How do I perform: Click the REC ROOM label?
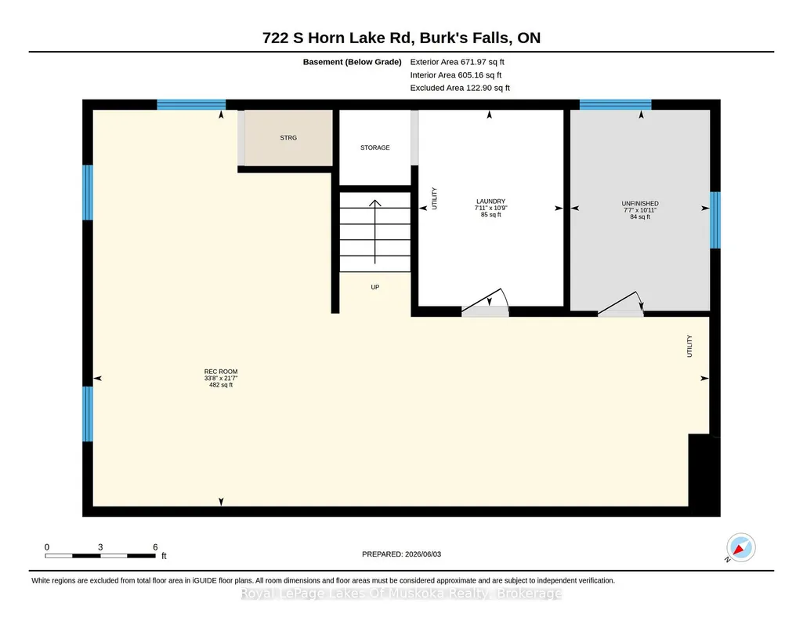click(221, 372)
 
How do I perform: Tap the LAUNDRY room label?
click(490, 202)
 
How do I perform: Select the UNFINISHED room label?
click(640, 203)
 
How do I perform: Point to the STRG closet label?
click(288, 138)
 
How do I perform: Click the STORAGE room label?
click(375, 147)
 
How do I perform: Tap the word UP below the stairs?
click(375, 288)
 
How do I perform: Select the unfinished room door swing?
click(621, 303)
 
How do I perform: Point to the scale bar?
click(100, 556)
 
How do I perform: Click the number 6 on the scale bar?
click(155, 547)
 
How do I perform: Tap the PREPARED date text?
click(401, 554)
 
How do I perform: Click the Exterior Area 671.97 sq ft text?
click(457, 62)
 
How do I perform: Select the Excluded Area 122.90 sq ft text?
click(460, 88)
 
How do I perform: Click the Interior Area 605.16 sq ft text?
click(456, 75)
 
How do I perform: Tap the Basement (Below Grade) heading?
click(352, 62)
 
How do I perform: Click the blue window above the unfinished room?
click(615, 104)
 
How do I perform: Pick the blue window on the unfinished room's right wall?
click(715, 220)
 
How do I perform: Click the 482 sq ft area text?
click(221, 385)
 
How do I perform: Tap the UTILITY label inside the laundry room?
click(434, 198)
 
